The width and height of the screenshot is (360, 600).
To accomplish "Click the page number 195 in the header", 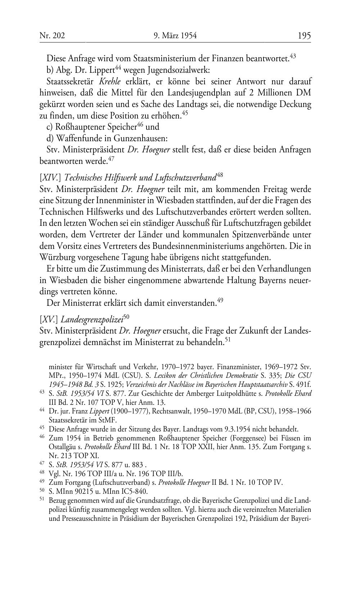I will click(x=304, y=36).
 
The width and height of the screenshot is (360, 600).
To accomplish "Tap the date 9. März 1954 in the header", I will click(x=176, y=36).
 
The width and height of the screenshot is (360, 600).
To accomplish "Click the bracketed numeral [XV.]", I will click(x=49, y=319).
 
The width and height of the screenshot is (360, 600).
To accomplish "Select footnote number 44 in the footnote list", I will click(x=42, y=410).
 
